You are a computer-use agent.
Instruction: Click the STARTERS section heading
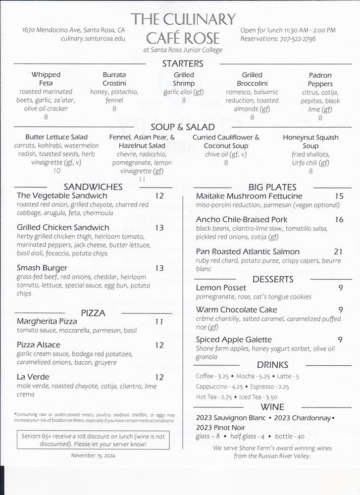[x=183, y=63]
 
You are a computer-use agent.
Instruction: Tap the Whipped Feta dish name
[x=46, y=79]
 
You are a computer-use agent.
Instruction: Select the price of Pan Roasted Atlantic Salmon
[x=338, y=251]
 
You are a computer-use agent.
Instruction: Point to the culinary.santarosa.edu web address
[x=93, y=39]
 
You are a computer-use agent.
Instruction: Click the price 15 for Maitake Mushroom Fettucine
[x=339, y=196]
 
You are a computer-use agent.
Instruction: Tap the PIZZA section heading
[x=93, y=313]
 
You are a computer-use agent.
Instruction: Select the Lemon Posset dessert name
[x=221, y=288]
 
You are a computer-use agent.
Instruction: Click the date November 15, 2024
[x=93, y=455]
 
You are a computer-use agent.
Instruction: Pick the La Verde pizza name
[x=33, y=377]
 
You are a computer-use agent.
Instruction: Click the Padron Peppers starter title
[x=320, y=79]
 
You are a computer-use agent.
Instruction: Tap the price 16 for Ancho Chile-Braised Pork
[x=339, y=219]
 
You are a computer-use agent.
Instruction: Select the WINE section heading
[x=272, y=407]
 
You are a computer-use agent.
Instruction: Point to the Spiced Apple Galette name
[x=234, y=340]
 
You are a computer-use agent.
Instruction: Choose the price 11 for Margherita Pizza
[x=159, y=322]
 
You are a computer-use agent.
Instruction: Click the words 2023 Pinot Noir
[x=219, y=427]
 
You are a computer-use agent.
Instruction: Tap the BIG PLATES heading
[x=272, y=187]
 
